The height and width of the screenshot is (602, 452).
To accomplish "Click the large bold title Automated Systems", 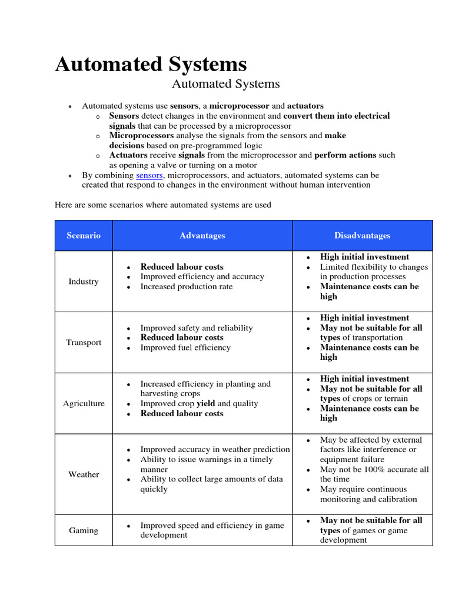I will (x=151, y=64).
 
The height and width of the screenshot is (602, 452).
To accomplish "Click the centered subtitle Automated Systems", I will (x=225, y=84).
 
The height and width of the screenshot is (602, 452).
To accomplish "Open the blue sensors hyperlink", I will (x=149, y=175).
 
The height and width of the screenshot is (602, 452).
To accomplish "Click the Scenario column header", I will (x=84, y=236).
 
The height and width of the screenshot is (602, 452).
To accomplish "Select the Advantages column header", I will (x=202, y=236).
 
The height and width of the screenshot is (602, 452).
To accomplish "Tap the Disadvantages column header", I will (x=362, y=236).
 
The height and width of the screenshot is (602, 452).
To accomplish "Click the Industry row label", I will (x=84, y=282).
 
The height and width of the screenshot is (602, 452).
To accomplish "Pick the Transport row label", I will (x=84, y=343).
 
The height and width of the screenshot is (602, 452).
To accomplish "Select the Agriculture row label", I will (x=84, y=404).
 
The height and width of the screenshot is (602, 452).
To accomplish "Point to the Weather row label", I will (x=84, y=474).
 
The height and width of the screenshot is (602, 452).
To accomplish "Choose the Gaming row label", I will (x=84, y=530).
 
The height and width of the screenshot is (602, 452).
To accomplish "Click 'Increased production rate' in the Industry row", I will (x=186, y=287).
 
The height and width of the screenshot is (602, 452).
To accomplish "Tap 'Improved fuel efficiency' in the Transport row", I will (x=185, y=347).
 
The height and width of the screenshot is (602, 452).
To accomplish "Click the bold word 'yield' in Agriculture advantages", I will (x=205, y=404).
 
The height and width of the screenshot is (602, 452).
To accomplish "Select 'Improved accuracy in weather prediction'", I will (x=215, y=450).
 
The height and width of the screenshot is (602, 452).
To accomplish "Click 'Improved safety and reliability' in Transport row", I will (x=196, y=328).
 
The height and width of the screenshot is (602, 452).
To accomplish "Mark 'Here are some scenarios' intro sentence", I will (x=162, y=205).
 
